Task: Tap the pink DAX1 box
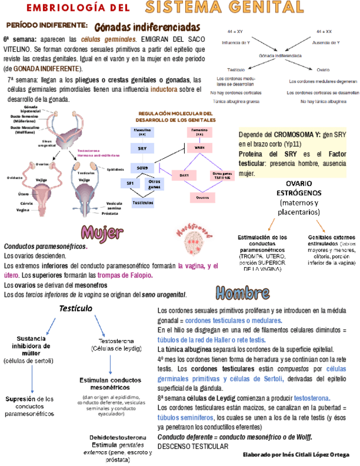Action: tap(184, 175)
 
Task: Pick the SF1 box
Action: tap(130, 184)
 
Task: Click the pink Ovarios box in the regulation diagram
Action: tap(202, 196)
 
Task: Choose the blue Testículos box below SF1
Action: tap(142, 203)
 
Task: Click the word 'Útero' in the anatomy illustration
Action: tap(23, 194)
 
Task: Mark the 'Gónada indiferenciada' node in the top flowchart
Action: tap(280, 56)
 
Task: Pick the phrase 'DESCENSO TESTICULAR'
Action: tap(192, 446)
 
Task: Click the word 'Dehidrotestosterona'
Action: tap(118, 437)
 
